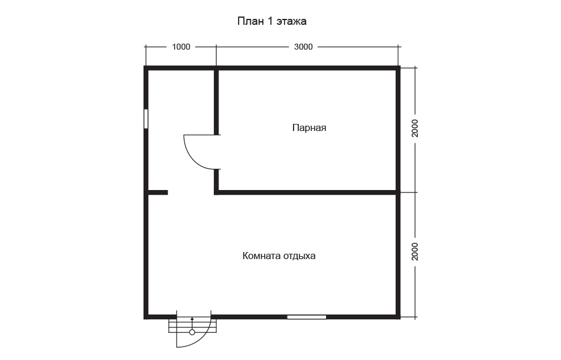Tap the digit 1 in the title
pyautogui.click(x=270, y=21)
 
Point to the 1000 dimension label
pyautogui.click(x=181, y=47)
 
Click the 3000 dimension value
pyautogui.click(x=304, y=47)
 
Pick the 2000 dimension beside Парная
pyautogui.click(x=415, y=128)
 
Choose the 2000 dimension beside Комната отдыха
pyautogui.click(x=415, y=251)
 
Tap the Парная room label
pyautogui.click(x=309, y=127)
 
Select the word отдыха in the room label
pyautogui.click(x=299, y=256)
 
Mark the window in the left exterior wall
pyautogui.click(x=146, y=119)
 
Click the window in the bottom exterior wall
pyautogui.click(x=306, y=317)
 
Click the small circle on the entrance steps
pyautogui.click(x=192, y=332)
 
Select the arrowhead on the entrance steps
pyautogui.click(x=192, y=318)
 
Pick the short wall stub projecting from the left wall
pyautogui.click(x=158, y=193)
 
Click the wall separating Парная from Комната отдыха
pyautogui.click(x=307, y=193)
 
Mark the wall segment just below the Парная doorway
pyautogui.click(x=217, y=182)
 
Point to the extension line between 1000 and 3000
pyautogui.click(x=216, y=55)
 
